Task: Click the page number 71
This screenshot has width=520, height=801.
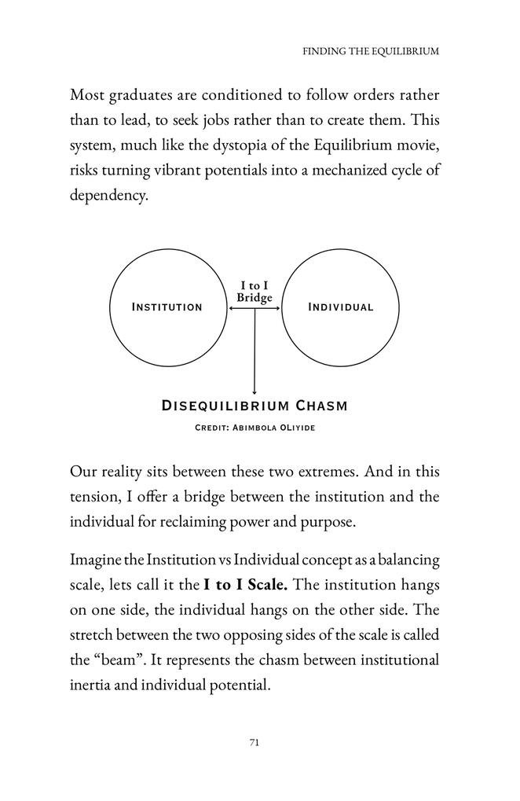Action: tap(254, 742)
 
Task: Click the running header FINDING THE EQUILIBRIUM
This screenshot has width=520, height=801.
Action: tap(371, 51)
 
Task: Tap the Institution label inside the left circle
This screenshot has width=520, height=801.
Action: tap(167, 307)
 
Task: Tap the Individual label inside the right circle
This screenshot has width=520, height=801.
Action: tap(340, 307)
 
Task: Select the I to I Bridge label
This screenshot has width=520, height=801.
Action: tap(254, 292)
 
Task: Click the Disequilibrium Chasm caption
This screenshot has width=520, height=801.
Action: tap(254, 406)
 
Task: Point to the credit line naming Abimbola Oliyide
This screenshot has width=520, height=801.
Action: tap(254, 428)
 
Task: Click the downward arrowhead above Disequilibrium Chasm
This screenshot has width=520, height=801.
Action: tap(255, 391)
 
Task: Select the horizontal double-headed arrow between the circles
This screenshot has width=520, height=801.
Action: tap(254, 309)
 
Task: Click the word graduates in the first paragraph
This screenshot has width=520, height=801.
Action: tap(138, 96)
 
